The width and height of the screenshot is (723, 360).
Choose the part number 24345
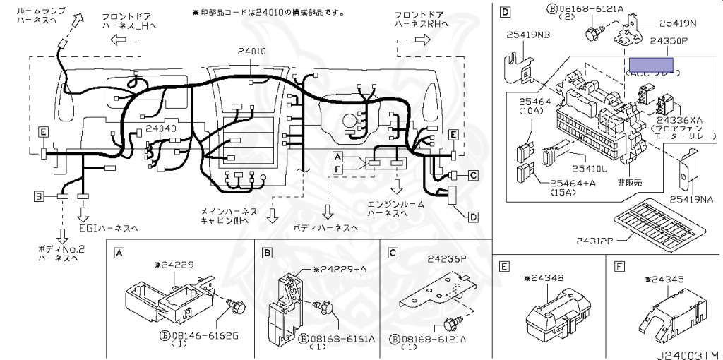(x=664, y=280)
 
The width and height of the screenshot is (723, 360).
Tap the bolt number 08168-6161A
(x=344, y=338)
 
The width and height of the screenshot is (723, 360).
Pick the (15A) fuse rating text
(x=566, y=193)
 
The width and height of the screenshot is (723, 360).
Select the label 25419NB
(x=528, y=33)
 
